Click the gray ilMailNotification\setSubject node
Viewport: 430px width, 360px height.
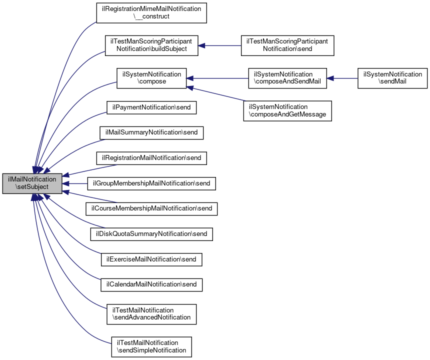32,183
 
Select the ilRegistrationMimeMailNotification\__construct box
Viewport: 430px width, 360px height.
151,12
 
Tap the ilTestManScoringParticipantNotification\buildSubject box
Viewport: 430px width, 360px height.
151,45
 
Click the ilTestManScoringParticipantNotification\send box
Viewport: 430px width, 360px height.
287,45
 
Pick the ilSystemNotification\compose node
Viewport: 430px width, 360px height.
151,78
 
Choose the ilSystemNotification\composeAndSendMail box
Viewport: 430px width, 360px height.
287,78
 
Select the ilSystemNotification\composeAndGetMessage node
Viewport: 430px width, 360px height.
287,110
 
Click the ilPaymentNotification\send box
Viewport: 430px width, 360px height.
151,107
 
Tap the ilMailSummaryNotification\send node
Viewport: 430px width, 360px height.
151,132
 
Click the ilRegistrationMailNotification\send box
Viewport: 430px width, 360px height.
151,158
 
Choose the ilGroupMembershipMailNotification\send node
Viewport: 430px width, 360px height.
151,183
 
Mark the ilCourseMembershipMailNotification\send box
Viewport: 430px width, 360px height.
151,208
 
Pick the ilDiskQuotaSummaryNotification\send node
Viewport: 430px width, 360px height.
151,233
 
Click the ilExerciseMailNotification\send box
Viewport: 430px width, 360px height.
151,259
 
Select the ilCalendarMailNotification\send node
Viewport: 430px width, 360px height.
151,284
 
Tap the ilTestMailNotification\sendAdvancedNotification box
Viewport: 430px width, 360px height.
151,313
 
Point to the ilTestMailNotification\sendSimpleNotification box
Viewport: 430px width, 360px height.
151,346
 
